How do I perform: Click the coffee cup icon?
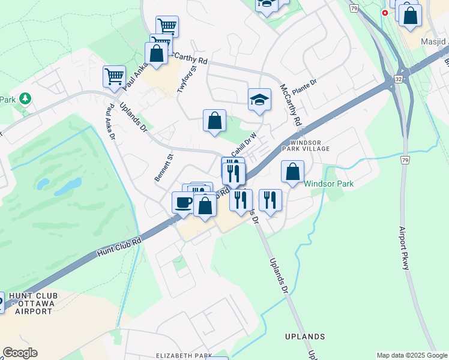pyautogui.click(x=183, y=202)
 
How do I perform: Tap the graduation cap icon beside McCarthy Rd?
pyautogui.click(x=259, y=99)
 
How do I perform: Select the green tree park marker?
pyautogui.click(x=25, y=98)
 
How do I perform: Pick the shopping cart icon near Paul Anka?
pyautogui.click(x=114, y=76)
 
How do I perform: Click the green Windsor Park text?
pyautogui.click(x=328, y=184)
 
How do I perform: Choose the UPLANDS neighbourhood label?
pyautogui.click(x=306, y=337)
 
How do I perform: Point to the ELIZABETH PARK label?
pyautogui.click(x=184, y=356)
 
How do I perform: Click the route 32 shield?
pyautogui.click(x=399, y=79)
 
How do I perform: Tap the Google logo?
pyautogui.click(x=20, y=353)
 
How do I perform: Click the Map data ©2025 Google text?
pyautogui.click(x=411, y=355)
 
